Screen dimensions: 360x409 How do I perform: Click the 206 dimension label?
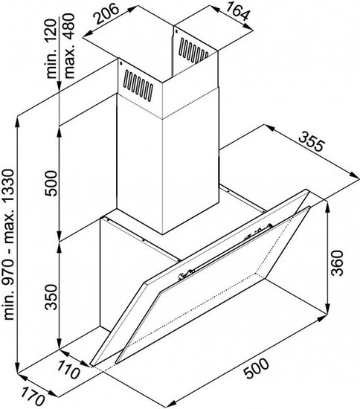point(107,13)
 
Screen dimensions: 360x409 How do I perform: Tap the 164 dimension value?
point(237,12)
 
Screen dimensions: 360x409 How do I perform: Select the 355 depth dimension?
point(312,141)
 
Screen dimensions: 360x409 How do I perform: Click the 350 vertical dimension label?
point(51,297)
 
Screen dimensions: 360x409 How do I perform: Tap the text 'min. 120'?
point(51,49)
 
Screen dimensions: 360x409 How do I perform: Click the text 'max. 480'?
point(69,46)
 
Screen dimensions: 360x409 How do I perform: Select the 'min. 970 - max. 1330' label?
point(10,245)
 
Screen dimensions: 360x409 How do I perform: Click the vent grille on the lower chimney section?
point(138,85)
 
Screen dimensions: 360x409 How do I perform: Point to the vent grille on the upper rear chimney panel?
point(193,51)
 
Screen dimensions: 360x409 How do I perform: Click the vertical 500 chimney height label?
point(51,184)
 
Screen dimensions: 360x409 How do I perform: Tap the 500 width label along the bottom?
point(256,368)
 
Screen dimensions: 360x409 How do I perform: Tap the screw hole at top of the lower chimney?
point(120,62)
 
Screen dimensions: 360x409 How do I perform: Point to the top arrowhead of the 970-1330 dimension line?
point(17,121)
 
